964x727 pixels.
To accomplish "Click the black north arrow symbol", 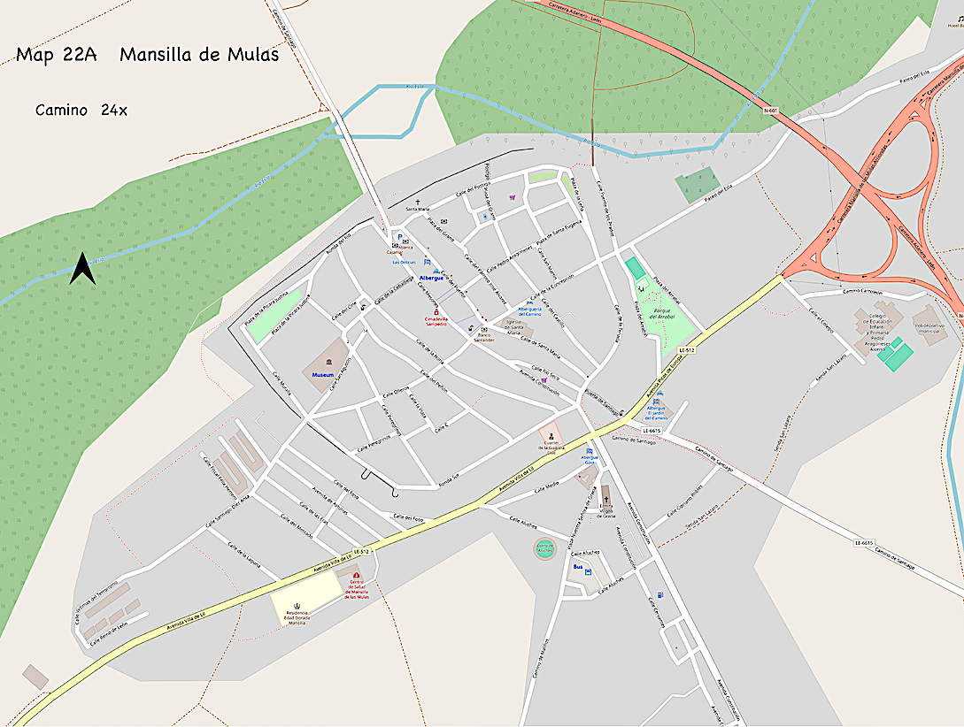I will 82,269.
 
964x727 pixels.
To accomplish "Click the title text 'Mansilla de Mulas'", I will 199,55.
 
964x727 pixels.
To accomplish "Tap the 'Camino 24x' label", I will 81,111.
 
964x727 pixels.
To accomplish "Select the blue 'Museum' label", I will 321,375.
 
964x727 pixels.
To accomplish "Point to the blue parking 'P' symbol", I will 399,237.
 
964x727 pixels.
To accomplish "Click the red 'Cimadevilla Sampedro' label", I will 436,321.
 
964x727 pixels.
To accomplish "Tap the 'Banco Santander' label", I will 483,338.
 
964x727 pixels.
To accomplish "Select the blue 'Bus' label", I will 578,566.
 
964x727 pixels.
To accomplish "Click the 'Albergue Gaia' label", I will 590,459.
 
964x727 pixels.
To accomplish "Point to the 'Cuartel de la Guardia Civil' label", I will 550,448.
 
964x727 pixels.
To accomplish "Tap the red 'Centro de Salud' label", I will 357,592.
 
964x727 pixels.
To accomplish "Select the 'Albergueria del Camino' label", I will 529,311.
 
